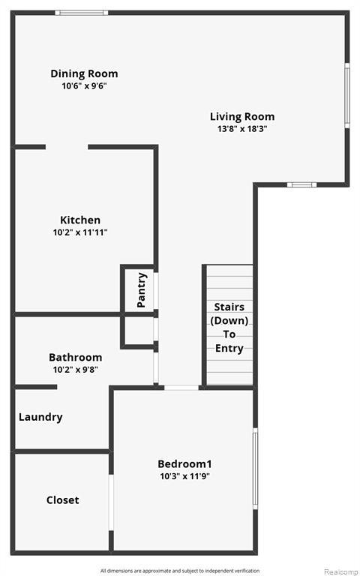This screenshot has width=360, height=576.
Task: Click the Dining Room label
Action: (84, 73)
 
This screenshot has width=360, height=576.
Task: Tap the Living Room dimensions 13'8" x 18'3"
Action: (242, 129)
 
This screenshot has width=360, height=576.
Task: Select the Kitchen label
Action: (80, 220)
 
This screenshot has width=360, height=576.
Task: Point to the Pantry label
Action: (141, 290)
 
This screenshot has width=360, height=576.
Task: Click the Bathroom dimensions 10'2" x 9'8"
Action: (75, 370)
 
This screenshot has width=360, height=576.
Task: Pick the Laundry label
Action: (40, 417)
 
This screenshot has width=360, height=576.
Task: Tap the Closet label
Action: (62, 500)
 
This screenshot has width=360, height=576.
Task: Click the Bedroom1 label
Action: (184, 464)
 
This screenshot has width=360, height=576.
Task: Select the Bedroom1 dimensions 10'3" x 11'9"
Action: (184, 476)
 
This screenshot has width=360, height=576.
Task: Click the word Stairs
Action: (229, 307)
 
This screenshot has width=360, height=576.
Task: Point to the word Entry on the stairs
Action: (229, 348)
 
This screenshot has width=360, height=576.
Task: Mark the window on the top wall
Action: (82, 13)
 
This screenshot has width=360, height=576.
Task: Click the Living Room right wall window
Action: (347, 95)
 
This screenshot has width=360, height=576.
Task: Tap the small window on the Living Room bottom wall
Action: (301, 184)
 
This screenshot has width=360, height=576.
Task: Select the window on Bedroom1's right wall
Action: (255, 469)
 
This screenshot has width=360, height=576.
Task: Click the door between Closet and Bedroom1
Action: (111, 502)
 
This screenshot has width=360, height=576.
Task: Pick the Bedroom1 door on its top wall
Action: (181, 388)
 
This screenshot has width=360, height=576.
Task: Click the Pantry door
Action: (156, 291)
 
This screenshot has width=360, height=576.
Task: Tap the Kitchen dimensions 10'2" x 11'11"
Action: (80, 232)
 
